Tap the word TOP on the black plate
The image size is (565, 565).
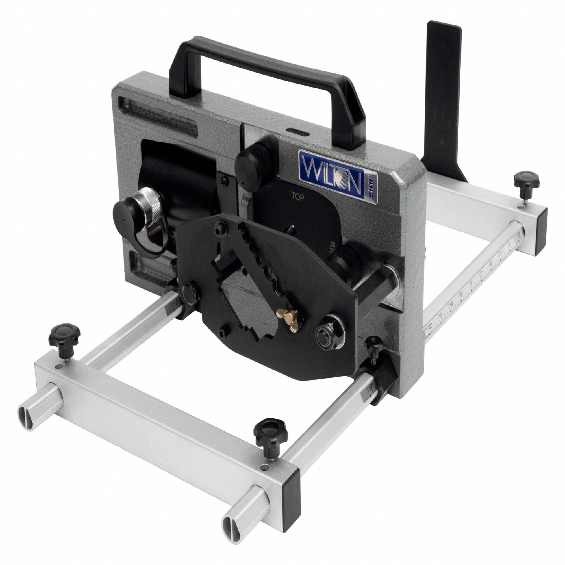point(298,197)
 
